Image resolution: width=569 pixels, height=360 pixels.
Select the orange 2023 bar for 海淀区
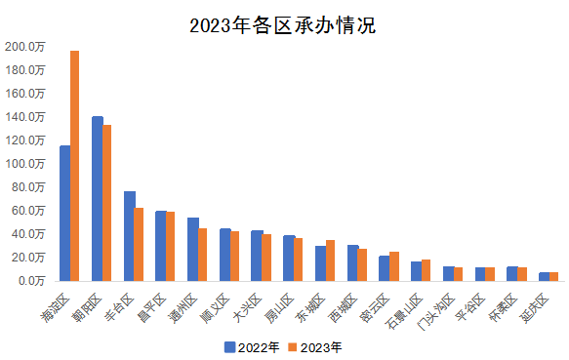tap(75, 166)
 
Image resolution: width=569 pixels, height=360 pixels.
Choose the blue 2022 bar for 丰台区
tap(129, 235)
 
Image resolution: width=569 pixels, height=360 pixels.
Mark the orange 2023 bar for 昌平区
tap(171, 246)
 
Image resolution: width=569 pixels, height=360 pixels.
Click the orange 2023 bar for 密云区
tap(394, 265)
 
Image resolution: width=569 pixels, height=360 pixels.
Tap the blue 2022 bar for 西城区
tap(352, 262)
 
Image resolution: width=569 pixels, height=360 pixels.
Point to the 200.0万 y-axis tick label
tap(25, 46)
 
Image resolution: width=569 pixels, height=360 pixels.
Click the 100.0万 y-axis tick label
tap(25, 163)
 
